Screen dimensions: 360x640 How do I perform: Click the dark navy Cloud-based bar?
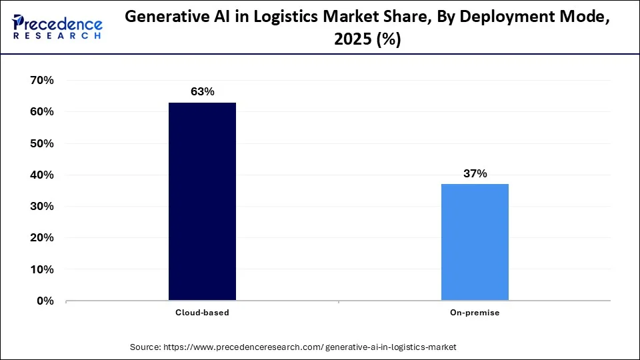(202, 201)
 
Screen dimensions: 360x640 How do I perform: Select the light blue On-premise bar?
(475, 242)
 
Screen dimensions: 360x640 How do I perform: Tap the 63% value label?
(202, 91)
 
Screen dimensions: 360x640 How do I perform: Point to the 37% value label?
(475, 173)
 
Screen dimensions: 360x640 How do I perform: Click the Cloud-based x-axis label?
(202, 313)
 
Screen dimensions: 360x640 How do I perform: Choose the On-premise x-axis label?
(475, 313)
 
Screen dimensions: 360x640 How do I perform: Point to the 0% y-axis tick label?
(44, 301)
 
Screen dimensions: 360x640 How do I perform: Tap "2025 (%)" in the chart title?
(367, 40)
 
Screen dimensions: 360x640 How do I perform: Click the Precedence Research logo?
(57, 27)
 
